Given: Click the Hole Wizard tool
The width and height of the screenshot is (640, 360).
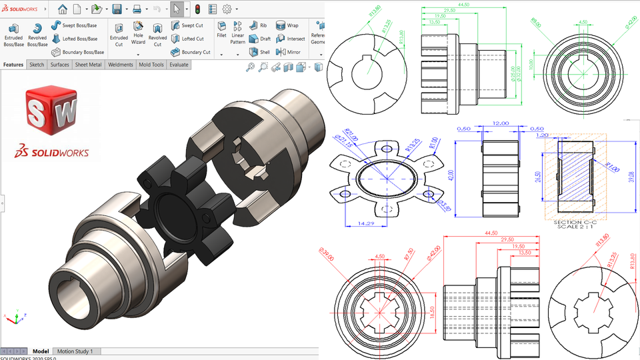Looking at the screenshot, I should coord(138,33).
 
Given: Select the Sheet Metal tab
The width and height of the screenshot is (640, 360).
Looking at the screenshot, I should coord(87,65).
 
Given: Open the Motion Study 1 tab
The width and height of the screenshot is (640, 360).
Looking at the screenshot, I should coord(75,351).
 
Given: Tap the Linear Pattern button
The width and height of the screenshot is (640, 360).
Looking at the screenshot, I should coord(237,33).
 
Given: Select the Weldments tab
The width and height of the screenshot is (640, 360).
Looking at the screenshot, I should coord(120,65).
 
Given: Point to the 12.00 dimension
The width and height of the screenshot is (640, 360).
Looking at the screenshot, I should coord(499,124).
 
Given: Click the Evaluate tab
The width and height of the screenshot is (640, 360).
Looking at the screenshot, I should coord(178,65).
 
